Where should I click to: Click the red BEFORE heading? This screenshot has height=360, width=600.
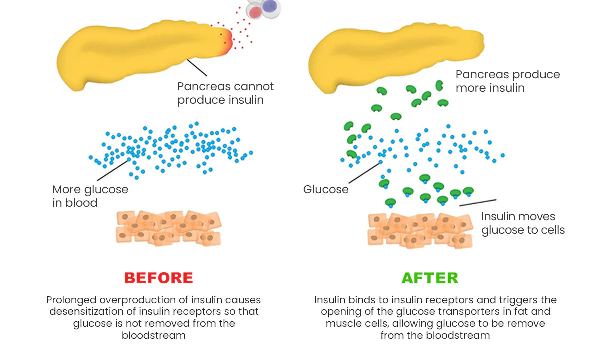[158, 278]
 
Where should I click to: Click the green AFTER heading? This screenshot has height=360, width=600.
[430, 278]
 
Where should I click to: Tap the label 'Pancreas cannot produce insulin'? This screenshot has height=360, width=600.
[225, 93]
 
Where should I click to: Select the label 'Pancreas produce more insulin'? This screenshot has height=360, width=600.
[507, 81]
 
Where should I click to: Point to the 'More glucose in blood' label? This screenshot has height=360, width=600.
[90, 196]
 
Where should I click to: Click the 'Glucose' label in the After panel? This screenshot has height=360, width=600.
[326, 190]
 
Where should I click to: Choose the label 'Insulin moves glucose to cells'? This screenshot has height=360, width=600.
[523, 223]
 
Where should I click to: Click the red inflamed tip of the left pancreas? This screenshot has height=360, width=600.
[226, 39]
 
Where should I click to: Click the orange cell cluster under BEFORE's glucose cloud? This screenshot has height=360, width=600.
[168, 228]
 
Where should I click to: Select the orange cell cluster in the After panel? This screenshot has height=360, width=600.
[420, 230]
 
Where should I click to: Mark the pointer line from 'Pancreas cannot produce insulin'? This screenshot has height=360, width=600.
[197, 68]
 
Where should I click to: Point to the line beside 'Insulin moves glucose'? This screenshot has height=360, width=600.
[478, 202]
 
